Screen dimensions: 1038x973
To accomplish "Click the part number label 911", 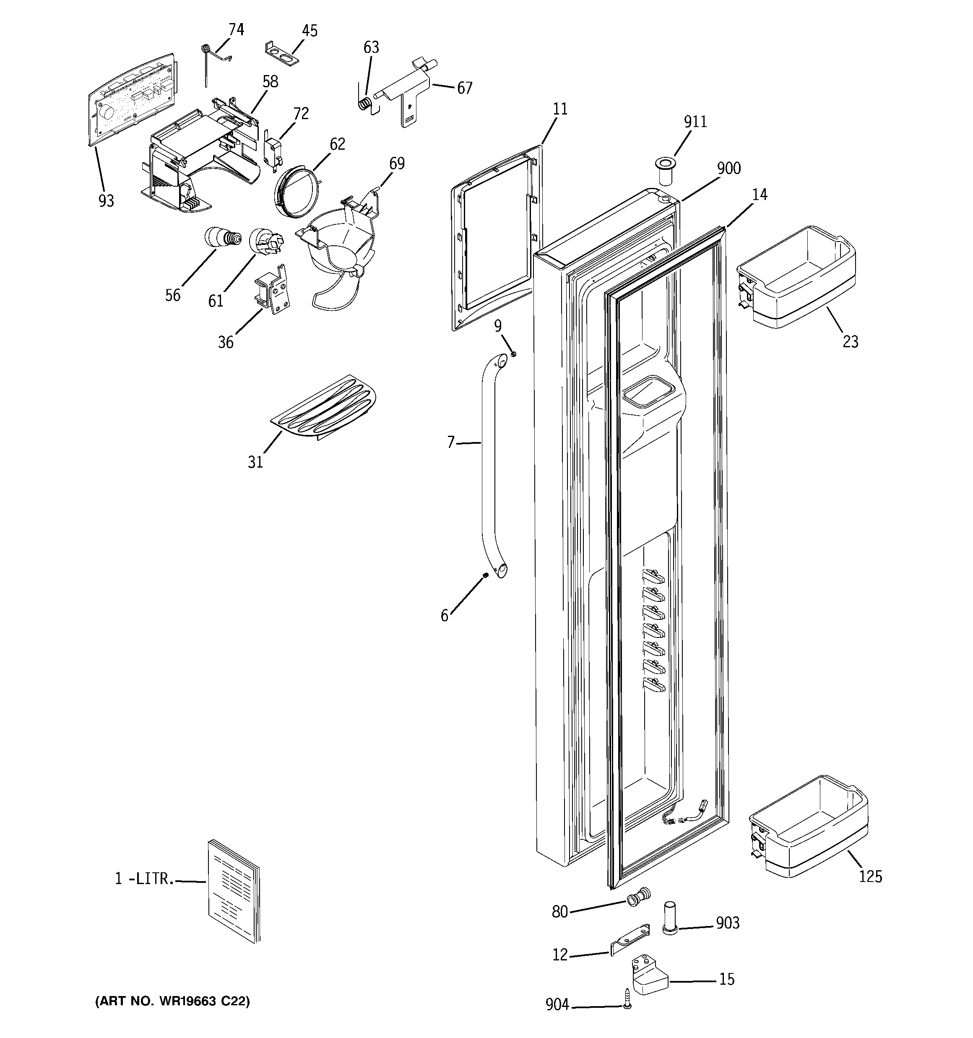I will [695, 122].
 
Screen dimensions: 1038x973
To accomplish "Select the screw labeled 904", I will [627, 998].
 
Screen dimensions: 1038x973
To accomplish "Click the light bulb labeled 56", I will [222, 238].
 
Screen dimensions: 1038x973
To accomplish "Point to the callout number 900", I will [728, 169].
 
